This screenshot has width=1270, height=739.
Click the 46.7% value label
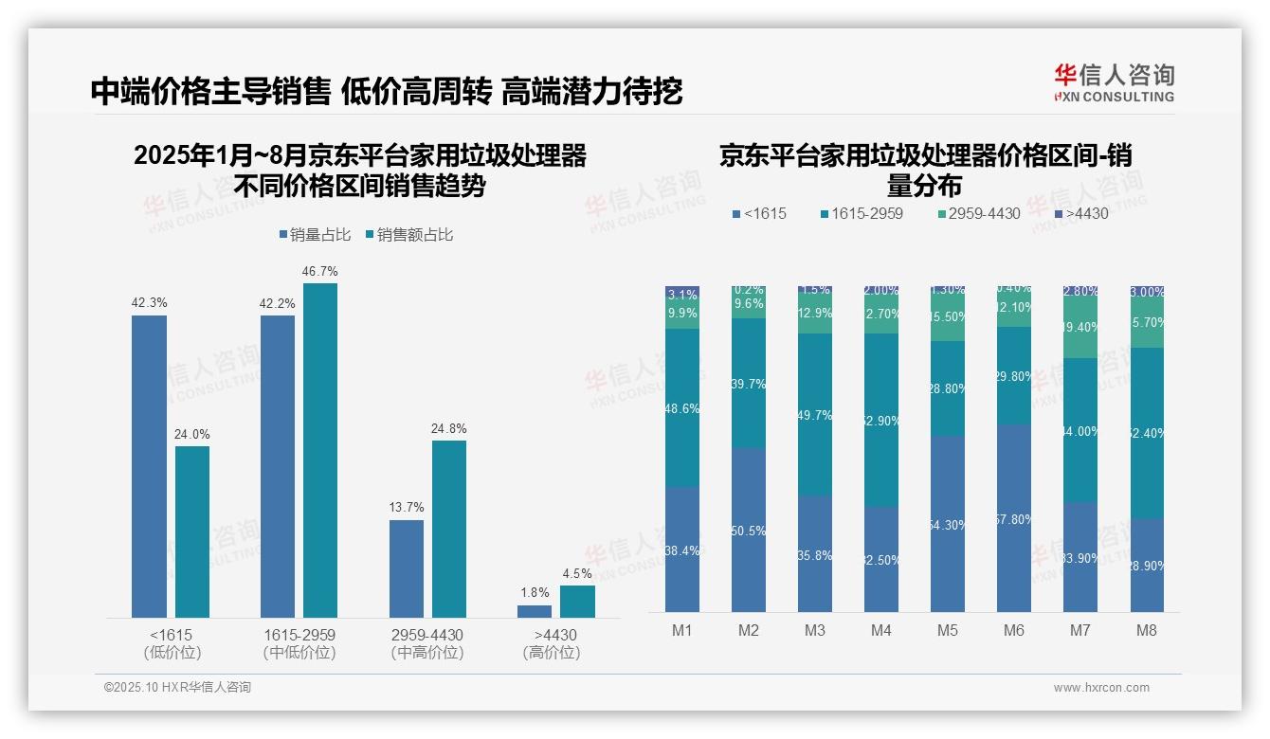[319, 272]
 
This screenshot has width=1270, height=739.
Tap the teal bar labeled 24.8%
[449, 529]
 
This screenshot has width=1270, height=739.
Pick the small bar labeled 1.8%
[535, 611]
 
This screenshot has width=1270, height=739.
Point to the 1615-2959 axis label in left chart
[299, 635]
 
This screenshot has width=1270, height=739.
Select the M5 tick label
[948, 630]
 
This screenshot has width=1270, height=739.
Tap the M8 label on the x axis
[1146, 630]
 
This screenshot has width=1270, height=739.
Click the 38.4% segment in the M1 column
[682, 550]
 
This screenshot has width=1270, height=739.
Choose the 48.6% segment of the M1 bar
[682, 408]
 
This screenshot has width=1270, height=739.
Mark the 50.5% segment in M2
[749, 530]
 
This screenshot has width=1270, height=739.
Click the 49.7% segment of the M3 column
[815, 415]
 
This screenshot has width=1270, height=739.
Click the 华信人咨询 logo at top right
[1114, 83]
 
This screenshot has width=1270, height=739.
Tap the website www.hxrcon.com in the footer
[1100, 688]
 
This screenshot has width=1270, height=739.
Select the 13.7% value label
[406, 508]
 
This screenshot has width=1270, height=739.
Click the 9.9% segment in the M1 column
[682, 313]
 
